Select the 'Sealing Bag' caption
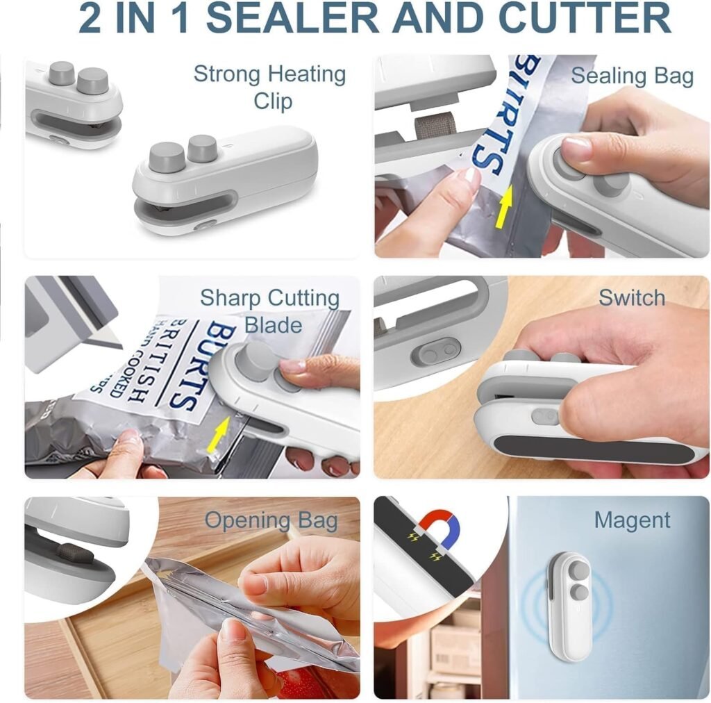click(632, 76)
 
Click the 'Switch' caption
click(632, 298)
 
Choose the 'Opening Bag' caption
click(271, 520)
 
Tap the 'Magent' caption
click(632, 520)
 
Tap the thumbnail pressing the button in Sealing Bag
click(576, 149)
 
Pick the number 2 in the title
click(90, 18)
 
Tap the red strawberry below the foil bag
click(292, 684)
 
